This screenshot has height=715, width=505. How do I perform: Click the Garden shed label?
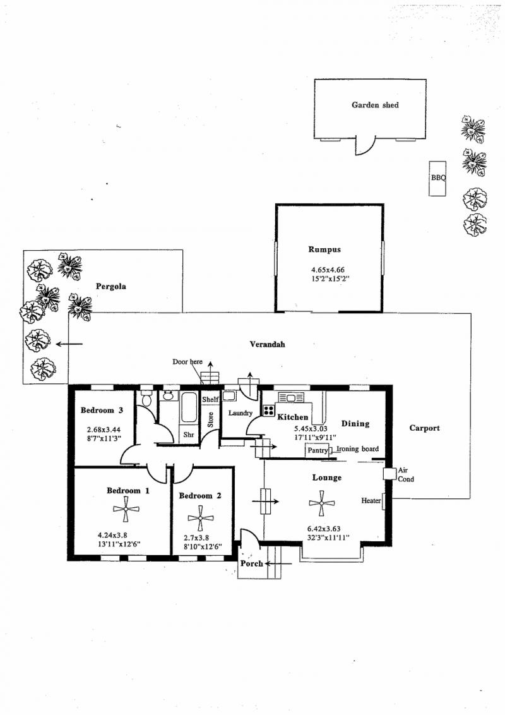click(x=375, y=105)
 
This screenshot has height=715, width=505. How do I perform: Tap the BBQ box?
click(x=438, y=178)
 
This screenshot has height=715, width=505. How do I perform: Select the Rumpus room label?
click(x=324, y=249)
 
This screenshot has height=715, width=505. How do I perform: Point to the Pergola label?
click(x=110, y=286)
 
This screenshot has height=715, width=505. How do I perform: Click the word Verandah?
click(x=267, y=344)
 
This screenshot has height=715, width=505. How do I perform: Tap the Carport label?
click(x=424, y=428)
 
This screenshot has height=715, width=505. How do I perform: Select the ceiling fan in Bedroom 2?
click(x=200, y=521)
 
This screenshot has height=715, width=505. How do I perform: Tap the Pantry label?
click(x=317, y=451)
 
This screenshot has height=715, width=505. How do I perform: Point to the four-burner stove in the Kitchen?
click(x=268, y=410)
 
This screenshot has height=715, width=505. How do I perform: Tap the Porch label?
click(x=251, y=563)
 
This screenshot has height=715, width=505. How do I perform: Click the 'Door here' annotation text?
click(x=187, y=362)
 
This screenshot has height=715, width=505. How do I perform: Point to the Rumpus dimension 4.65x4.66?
click(x=324, y=269)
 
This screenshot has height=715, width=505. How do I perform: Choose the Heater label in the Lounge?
click(x=371, y=500)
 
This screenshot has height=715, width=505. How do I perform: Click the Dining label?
click(x=355, y=423)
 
